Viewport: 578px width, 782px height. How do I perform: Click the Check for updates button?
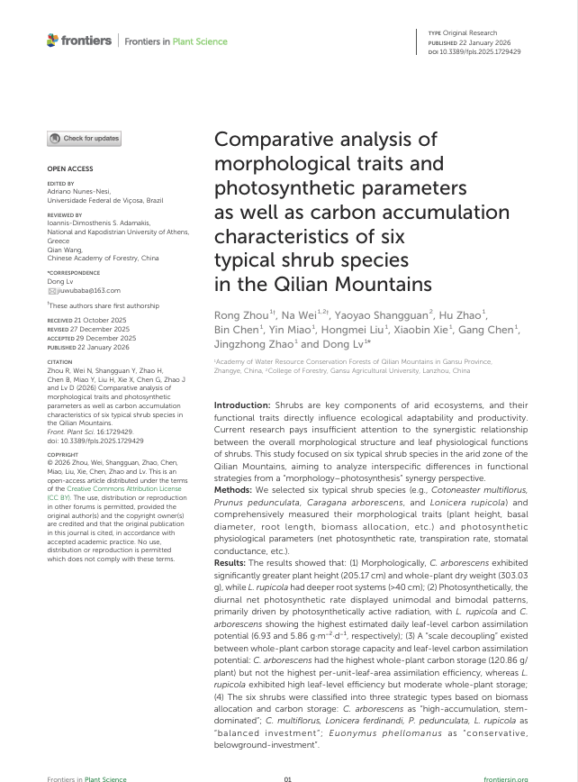coord(84,138)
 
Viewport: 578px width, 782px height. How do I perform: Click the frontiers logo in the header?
coord(79,41)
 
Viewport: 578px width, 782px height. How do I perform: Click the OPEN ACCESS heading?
coord(69,168)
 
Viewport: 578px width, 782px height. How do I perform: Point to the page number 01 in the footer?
coord(288,778)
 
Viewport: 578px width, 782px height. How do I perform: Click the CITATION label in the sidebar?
coord(59,362)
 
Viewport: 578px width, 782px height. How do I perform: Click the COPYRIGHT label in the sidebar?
coord(63,455)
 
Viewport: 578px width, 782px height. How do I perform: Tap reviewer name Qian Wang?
coord(66,250)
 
